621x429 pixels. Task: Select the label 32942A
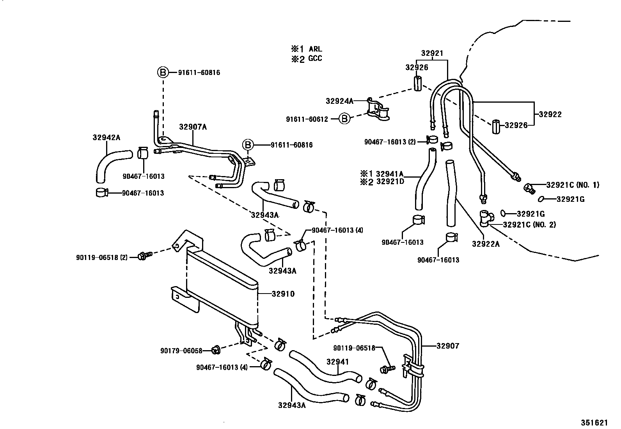click(x=106, y=137)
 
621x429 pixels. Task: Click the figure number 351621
click(x=594, y=423)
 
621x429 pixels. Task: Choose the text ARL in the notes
click(x=316, y=49)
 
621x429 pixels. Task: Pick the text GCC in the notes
click(x=316, y=59)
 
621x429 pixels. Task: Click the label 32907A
click(x=193, y=127)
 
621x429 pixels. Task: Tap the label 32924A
click(x=339, y=101)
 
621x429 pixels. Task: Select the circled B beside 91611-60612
click(x=344, y=119)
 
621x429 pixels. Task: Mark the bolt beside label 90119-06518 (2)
click(x=144, y=256)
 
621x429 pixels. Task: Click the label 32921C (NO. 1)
click(x=573, y=185)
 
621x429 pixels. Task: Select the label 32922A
click(x=486, y=244)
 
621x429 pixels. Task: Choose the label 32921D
click(x=390, y=182)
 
